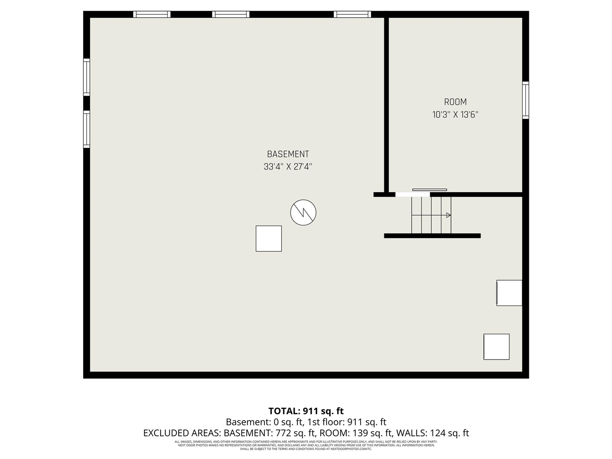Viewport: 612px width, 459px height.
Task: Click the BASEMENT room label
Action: [288, 154]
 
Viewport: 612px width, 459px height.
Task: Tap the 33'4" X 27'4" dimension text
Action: [288, 167]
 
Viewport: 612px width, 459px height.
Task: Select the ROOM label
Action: [455, 102]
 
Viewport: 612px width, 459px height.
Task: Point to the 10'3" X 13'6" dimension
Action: [455, 115]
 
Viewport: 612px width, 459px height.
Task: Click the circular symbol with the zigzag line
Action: [303, 212]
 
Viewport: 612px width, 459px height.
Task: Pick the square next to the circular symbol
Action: [269, 239]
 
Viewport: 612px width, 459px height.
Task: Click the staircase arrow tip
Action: [448, 215]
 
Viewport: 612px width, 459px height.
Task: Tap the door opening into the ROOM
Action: [412, 194]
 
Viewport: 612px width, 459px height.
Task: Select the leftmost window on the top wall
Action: [152, 14]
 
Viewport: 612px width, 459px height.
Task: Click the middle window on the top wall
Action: [231, 14]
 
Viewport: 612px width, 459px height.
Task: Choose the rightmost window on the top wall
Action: [352, 14]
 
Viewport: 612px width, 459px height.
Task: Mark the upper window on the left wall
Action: [87, 77]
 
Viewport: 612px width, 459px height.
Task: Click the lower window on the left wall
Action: [87, 129]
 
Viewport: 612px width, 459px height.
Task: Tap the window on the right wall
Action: [525, 100]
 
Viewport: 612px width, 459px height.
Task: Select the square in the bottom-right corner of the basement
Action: [496, 347]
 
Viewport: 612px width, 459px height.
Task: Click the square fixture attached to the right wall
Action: [509, 293]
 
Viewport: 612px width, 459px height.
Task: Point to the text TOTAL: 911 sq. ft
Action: [306, 411]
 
